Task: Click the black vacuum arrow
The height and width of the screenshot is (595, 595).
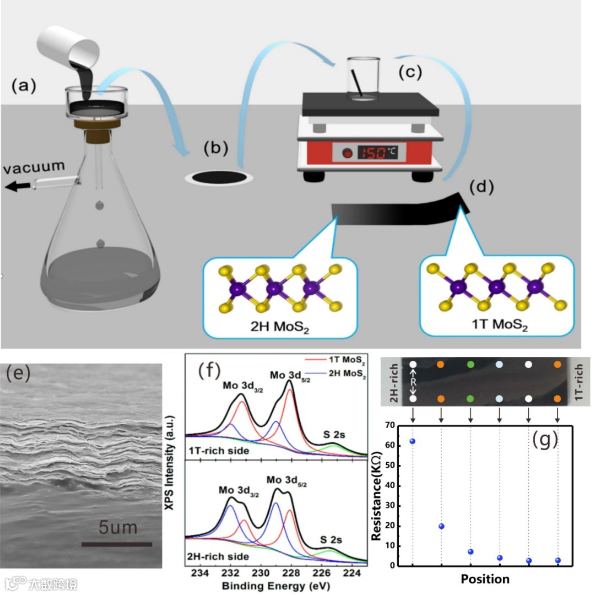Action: point(17,187)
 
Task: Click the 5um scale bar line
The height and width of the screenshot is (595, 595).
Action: point(117,544)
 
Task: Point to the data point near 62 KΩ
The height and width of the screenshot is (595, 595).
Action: point(413,441)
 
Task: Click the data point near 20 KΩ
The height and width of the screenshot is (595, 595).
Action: point(441,526)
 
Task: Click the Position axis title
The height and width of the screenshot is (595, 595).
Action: point(485,579)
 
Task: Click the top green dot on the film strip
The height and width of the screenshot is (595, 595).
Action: point(470,364)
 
